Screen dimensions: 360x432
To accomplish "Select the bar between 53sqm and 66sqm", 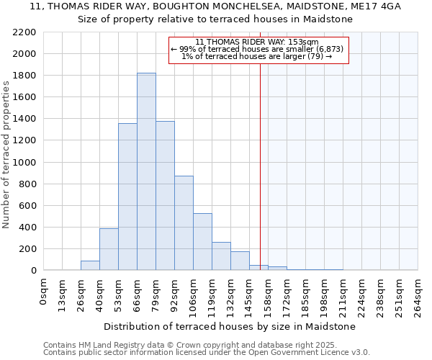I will [x=127, y=197].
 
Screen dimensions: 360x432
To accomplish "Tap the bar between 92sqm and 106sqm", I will [x=184, y=223].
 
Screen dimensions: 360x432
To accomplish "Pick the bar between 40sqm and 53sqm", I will [x=109, y=249].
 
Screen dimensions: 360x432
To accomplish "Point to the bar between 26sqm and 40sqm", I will [x=90, y=266].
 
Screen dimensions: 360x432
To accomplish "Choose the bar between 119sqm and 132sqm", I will [x=221, y=256].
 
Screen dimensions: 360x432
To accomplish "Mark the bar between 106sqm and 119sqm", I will [x=202, y=242].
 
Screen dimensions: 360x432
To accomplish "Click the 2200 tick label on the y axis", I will [x=24, y=32].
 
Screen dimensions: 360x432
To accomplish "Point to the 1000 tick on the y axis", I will [x=24, y=163].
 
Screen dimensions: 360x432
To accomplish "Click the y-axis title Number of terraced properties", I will [x=6, y=155].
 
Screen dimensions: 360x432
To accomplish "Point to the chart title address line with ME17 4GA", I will [x=215, y=6].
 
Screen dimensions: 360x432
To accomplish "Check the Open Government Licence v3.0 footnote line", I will [x=206, y=353].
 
